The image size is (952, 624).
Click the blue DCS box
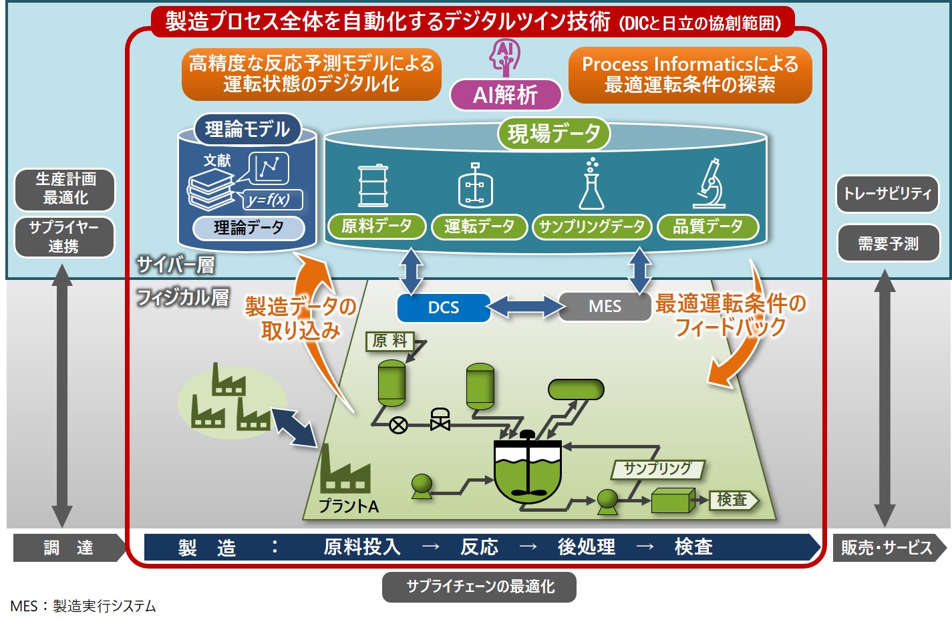click(x=444, y=307)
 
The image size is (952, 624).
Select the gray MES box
click(x=605, y=306)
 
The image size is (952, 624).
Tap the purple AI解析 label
click(x=506, y=94)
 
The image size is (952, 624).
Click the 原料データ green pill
click(x=377, y=226)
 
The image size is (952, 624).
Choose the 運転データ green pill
click(x=480, y=226)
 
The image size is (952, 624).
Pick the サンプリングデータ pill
click(x=592, y=226)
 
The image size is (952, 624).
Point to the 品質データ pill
click(x=707, y=226)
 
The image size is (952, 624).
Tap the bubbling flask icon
click(x=592, y=184)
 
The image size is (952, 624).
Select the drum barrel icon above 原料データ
click(x=373, y=185)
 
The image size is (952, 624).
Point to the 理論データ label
click(x=249, y=228)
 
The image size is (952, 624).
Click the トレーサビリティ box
click(x=887, y=194)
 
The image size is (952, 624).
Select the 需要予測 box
click(x=889, y=244)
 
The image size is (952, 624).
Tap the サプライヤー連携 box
click(x=65, y=237)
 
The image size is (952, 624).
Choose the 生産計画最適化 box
click(x=65, y=189)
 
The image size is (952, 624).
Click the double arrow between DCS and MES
click(x=524, y=307)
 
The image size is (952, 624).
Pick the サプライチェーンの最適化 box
click(x=480, y=587)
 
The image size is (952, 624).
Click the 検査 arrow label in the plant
click(x=734, y=500)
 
